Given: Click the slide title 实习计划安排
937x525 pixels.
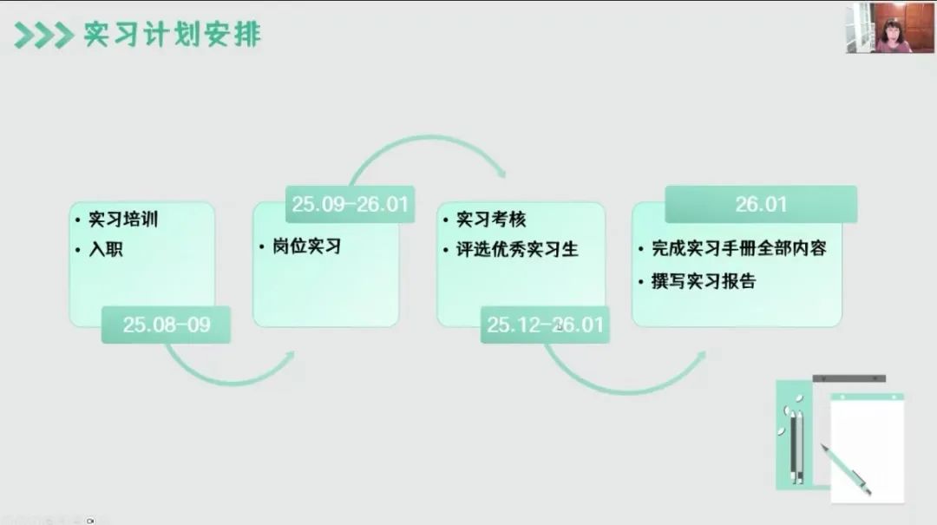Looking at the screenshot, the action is [172, 34].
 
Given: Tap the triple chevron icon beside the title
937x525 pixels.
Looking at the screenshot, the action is [43, 35].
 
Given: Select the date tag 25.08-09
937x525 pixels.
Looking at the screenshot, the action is [166, 325].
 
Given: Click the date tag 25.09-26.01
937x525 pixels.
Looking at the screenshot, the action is [351, 204].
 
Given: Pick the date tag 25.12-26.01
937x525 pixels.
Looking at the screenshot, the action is [545, 325].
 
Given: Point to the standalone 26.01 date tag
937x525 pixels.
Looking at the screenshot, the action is [761, 204].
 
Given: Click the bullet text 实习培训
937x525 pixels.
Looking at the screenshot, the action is [123, 220].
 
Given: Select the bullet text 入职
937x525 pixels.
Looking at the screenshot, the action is [106, 249].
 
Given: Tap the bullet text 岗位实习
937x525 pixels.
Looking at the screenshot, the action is [306, 246].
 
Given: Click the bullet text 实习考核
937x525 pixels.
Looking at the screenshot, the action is [491, 220].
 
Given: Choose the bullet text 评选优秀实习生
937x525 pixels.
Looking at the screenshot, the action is [517, 249].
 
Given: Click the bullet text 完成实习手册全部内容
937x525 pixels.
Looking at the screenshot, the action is [739, 247].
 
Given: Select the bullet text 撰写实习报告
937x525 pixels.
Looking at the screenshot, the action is [704, 280].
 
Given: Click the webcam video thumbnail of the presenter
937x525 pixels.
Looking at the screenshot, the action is [890, 28].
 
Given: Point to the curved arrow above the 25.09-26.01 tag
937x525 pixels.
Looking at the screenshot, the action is [428, 138].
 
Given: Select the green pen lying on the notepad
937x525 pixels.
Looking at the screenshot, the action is [846, 470].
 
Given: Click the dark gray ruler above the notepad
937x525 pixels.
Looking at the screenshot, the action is [849, 378].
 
